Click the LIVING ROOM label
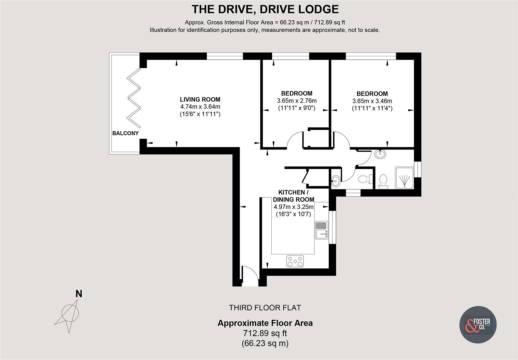tap(200, 99)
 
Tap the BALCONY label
tap(125, 133)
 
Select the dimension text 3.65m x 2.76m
tap(297, 101)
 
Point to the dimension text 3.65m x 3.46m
tap(372, 101)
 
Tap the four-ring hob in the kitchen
tap(295, 261)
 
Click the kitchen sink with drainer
tap(322, 230)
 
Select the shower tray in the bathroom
tap(404, 178)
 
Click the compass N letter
tap(79, 294)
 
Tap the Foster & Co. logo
tap(478, 324)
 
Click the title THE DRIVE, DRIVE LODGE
tap(265, 9)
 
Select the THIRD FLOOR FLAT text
tap(265, 308)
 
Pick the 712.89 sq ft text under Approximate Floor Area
tap(265, 333)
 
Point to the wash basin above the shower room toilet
tap(380, 154)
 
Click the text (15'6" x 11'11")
tap(200, 114)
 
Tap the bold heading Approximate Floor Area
tap(265, 323)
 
